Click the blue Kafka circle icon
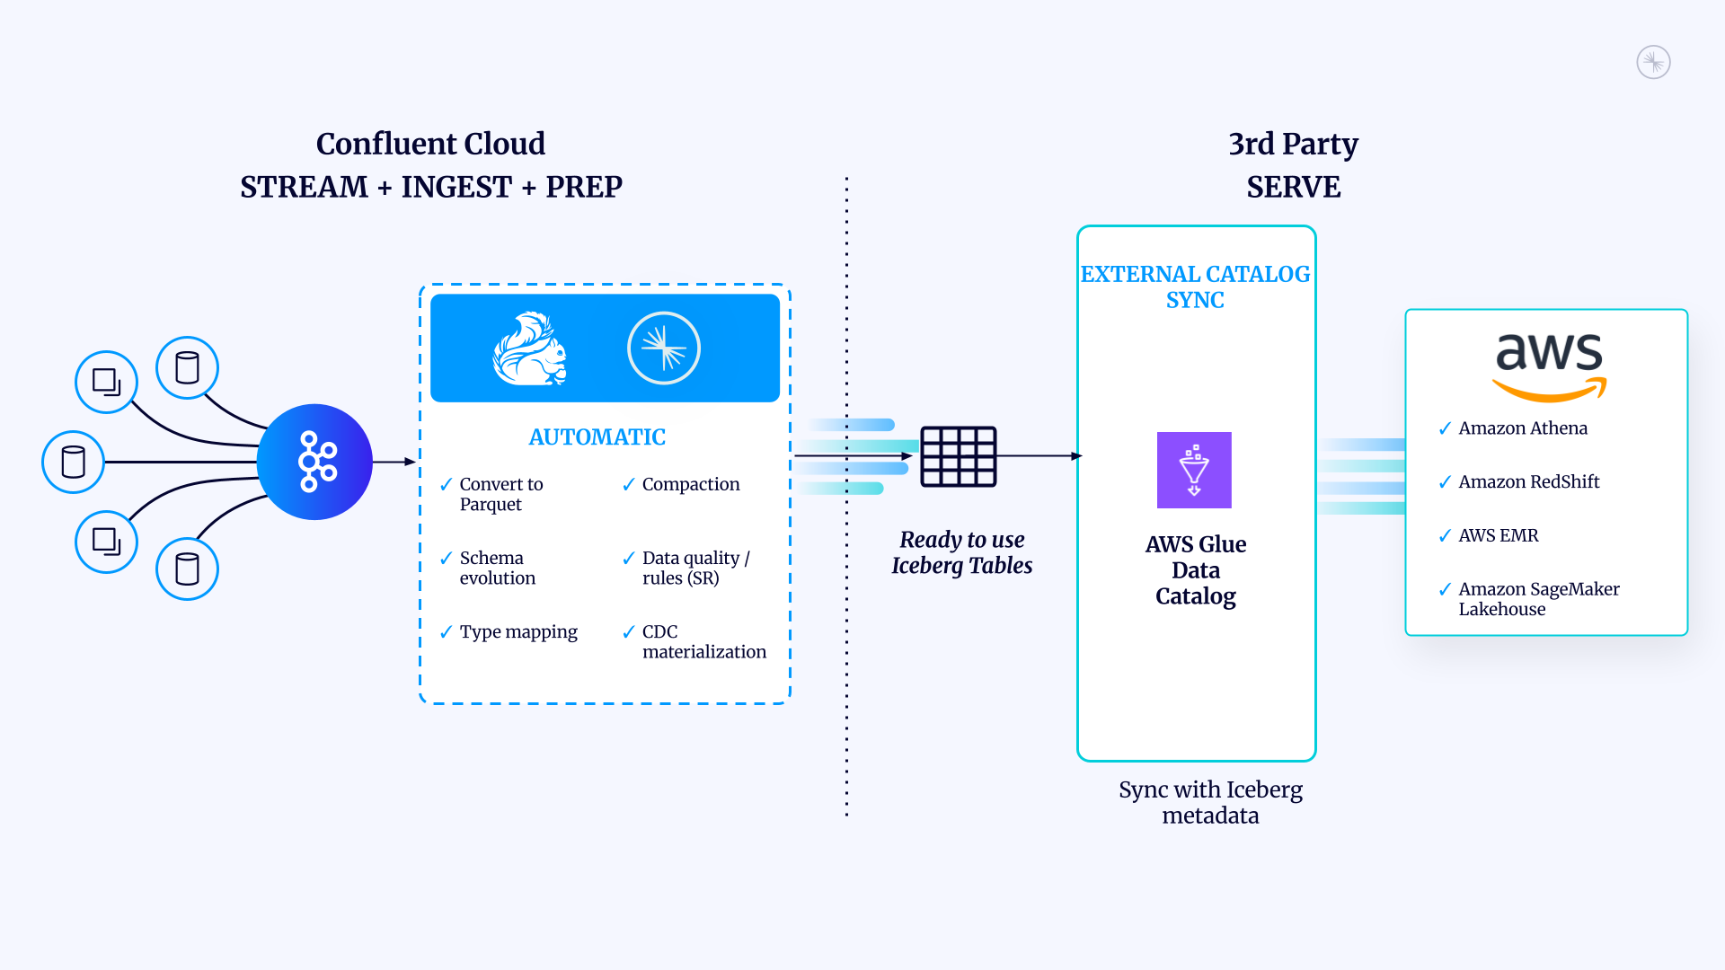point(314,462)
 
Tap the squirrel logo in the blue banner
point(530,348)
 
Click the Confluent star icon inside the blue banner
point(664,348)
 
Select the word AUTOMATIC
point(597,437)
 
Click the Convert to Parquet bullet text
point(500,494)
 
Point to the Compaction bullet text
point(690,484)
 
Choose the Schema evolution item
point(497,568)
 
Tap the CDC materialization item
point(703,641)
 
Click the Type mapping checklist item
point(518,631)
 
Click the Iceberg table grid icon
point(959,456)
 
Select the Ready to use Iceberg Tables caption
point(961,552)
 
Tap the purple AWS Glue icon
point(1194,470)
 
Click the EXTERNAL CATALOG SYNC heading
point(1195,287)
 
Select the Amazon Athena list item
point(1522,428)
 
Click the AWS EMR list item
point(1498,535)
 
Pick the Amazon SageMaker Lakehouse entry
point(1538,598)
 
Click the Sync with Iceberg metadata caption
point(1210,802)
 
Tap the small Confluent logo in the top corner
point(1653,62)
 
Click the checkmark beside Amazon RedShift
point(1445,482)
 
